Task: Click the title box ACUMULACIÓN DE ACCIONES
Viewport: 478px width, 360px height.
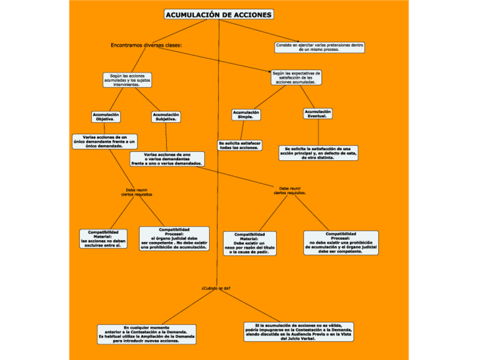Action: coord(219,15)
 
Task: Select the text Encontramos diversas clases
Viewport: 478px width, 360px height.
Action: coord(147,45)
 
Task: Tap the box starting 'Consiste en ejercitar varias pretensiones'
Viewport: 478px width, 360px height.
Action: coord(320,47)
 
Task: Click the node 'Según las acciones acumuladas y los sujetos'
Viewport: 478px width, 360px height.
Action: coord(127,80)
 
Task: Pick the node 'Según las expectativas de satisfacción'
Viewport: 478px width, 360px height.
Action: coord(296,77)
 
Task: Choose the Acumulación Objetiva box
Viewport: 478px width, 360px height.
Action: coord(106,117)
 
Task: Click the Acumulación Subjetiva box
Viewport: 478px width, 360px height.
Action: coord(166,117)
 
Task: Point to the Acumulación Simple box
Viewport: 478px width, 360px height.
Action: coord(246,115)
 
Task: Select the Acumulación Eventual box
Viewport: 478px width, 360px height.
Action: coord(318,113)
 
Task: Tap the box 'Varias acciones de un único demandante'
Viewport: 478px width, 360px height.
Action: coord(105,141)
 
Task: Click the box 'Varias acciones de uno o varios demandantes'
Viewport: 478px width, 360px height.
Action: coord(167,159)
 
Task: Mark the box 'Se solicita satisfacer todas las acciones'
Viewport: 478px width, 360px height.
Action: coord(240,145)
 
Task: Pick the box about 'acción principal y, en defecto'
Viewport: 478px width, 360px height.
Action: coord(318,153)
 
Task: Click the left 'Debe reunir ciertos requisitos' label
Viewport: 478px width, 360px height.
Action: coord(137,192)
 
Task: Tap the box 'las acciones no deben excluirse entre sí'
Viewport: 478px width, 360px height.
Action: coord(103,239)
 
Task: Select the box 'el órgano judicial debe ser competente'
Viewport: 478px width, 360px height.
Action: coord(174,238)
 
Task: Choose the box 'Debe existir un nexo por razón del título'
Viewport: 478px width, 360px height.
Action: coord(250,243)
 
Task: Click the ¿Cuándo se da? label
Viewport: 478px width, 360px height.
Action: coord(216,288)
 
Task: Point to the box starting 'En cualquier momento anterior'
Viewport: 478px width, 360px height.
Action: coord(147,334)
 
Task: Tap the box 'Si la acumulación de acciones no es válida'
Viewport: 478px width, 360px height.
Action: coord(299,332)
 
